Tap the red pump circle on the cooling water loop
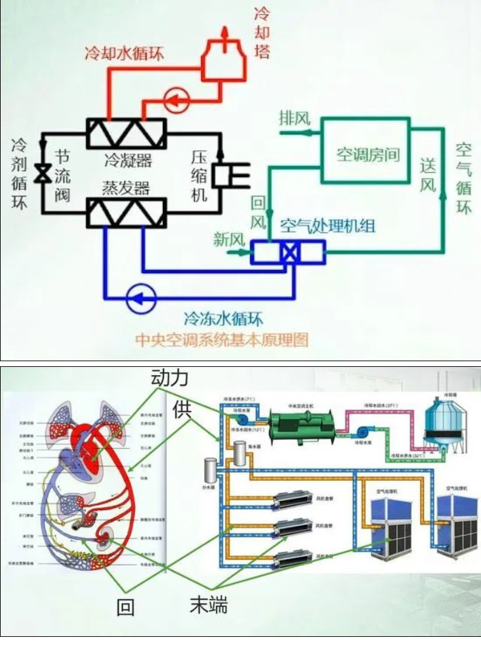point(175,99)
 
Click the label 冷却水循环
point(124,53)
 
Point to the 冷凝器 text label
point(128,158)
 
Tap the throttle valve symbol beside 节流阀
point(43,172)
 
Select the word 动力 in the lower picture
point(170,378)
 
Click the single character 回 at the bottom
point(125,608)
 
